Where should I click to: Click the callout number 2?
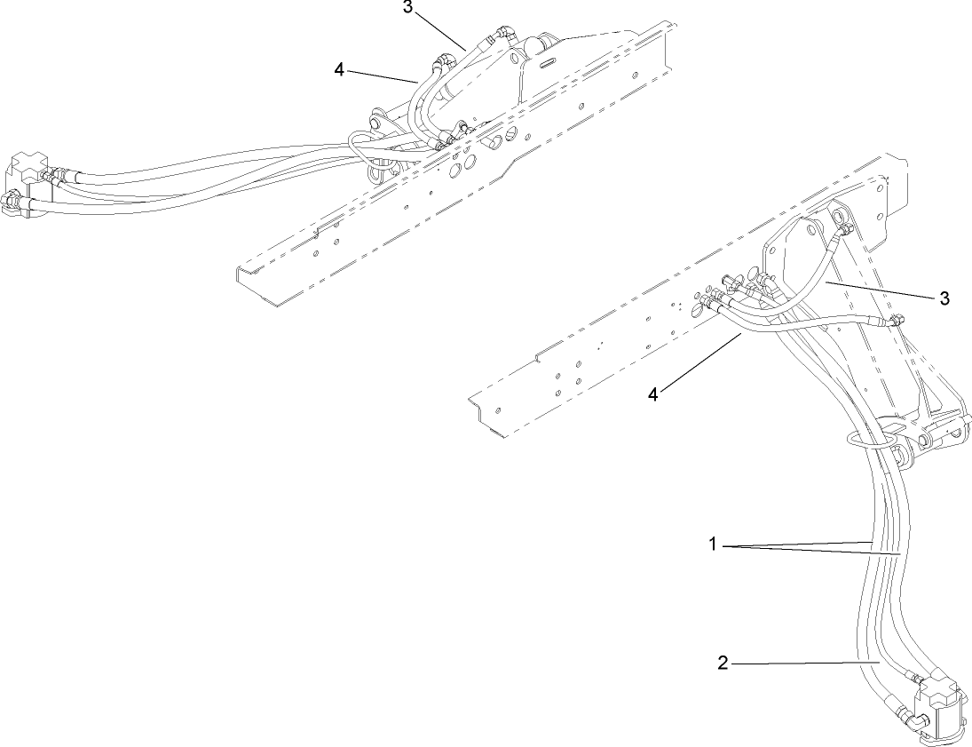(x=723, y=662)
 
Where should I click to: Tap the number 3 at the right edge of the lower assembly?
(x=944, y=297)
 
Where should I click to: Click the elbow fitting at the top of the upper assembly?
(x=507, y=34)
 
